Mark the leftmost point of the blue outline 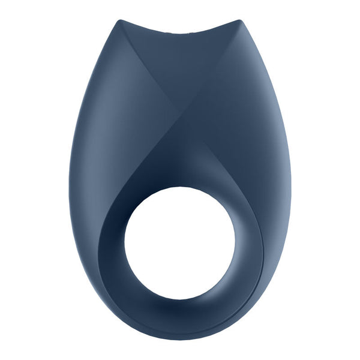[x=68, y=180]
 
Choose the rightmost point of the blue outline [x=292, y=180]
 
